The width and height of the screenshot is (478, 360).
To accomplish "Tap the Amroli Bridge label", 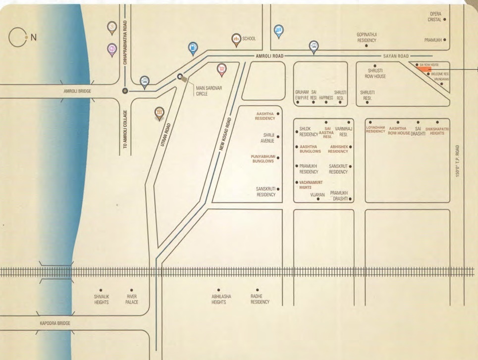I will tap(78, 92).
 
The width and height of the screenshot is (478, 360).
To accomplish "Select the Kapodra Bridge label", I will tap(55, 323).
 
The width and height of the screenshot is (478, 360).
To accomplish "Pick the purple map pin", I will tap(112, 49).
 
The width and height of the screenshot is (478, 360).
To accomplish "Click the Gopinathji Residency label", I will tap(367, 38).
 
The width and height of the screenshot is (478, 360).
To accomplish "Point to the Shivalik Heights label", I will tap(101, 299).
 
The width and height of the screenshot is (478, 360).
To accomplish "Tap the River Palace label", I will tap(131, 299).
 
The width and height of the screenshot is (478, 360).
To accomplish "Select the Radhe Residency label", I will tap(260, 299).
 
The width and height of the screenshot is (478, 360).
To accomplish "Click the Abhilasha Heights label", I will tap(218, 299).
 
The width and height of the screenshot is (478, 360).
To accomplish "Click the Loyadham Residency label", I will tap(375, 129).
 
